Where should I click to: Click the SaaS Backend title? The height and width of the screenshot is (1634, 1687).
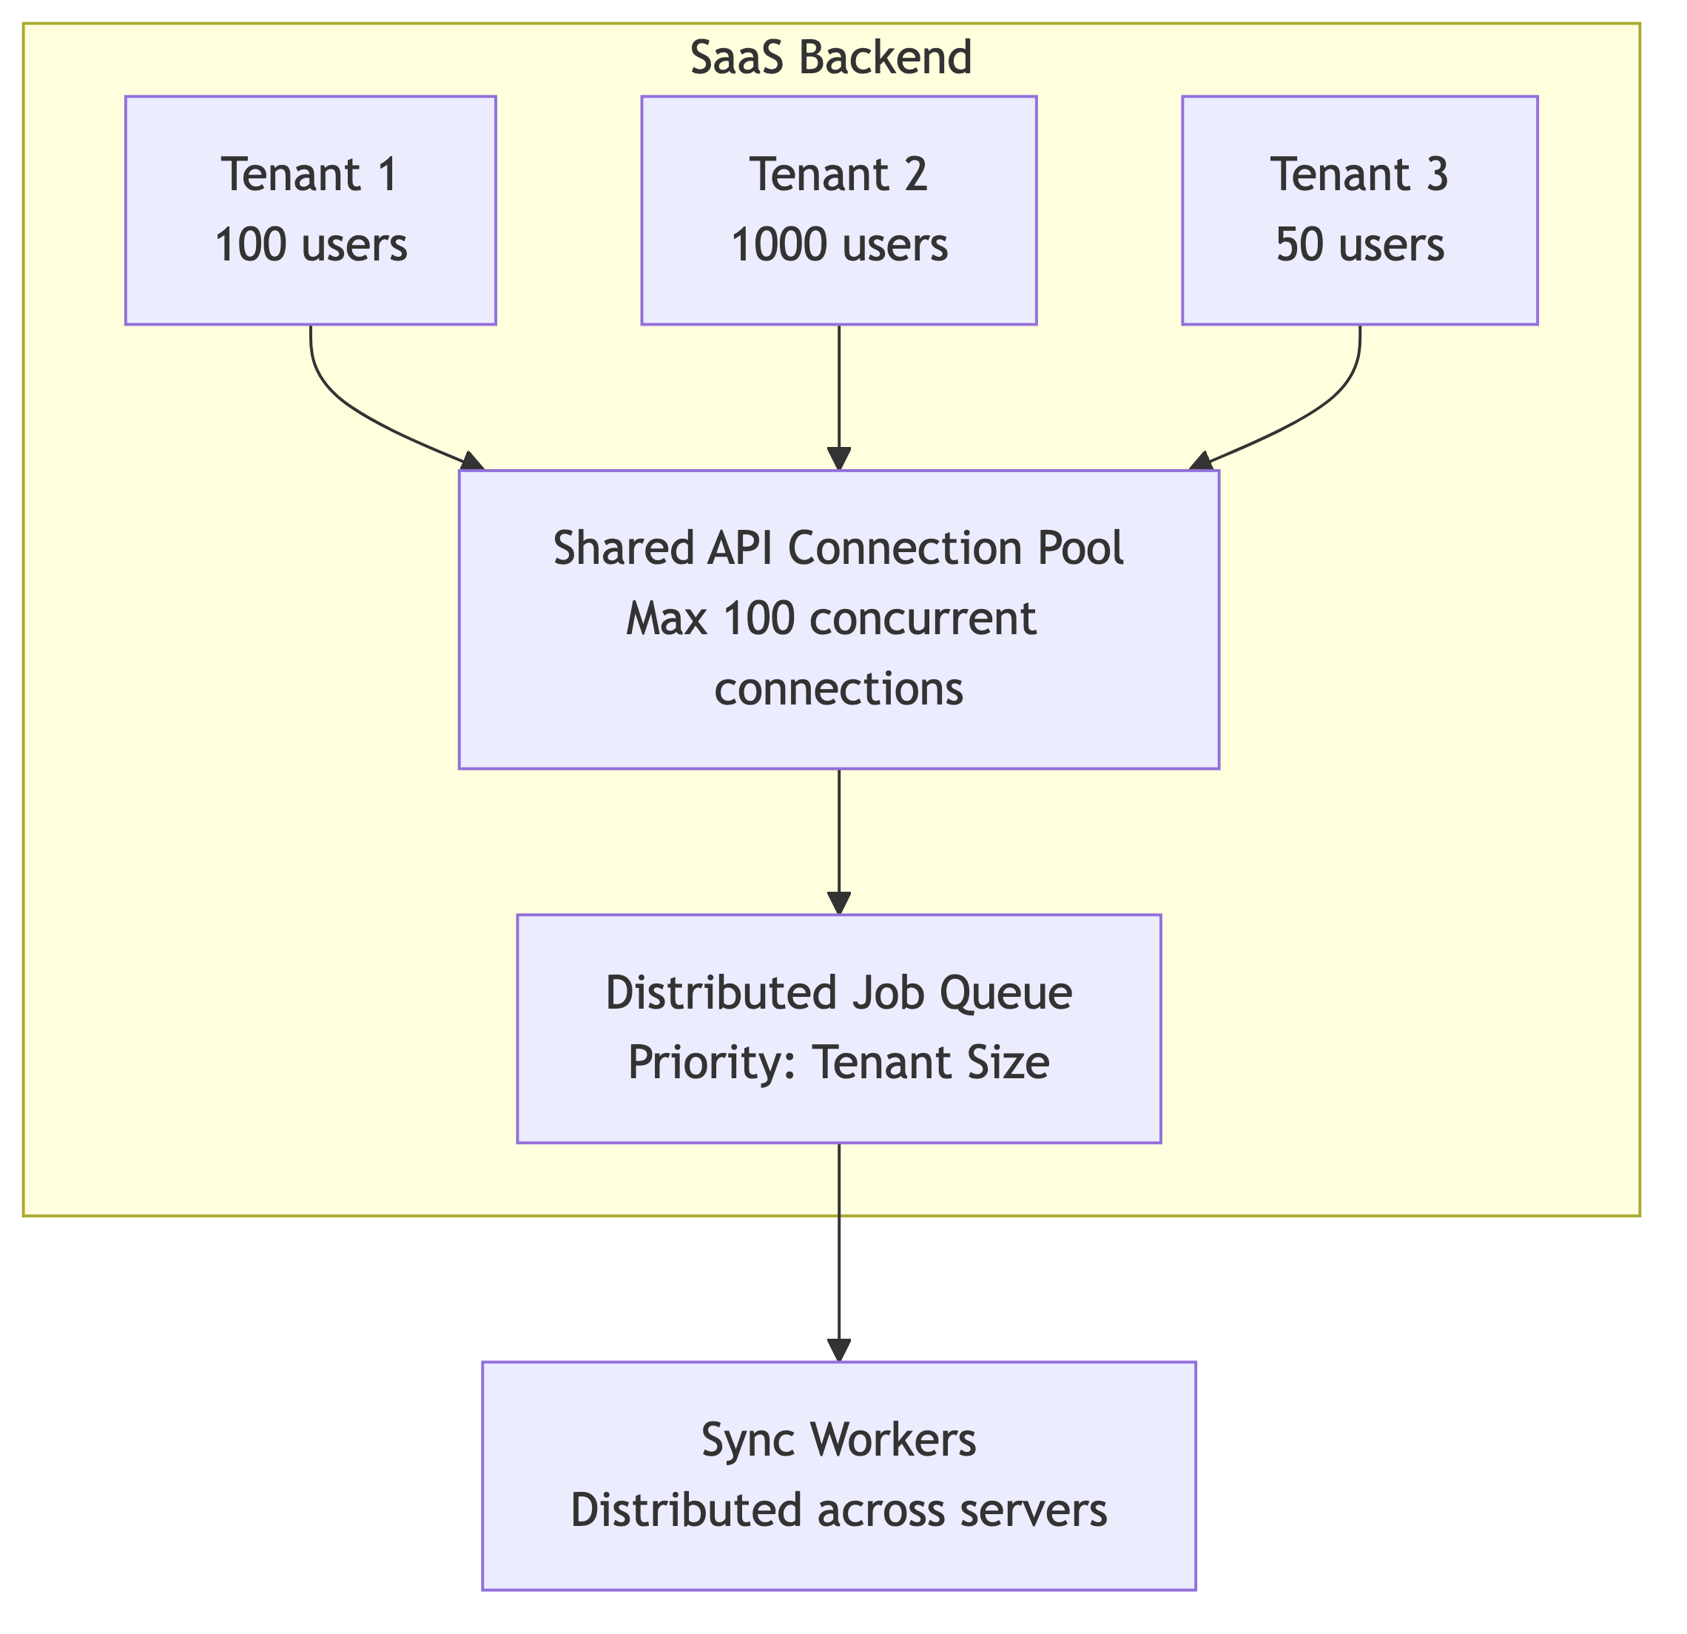pyautogui.click(x=831, y=58)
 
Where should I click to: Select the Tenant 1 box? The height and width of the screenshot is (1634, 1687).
pyautogui.click(x=311, y=210)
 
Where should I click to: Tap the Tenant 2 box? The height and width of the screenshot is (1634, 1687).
pyautogui.click(x=839, y=210)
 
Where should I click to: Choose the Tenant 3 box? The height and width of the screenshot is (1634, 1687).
pyautogui.click(x=1360, y=210)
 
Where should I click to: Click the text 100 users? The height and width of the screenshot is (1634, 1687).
pyautogui.click(x=311, y=246)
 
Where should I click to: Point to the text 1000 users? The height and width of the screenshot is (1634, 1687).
pyautogui.click(x=839, y=246)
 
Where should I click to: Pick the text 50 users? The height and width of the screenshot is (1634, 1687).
pyautogui.click(x=1360, y=246)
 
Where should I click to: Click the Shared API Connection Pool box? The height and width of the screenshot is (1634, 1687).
pyautogui.click(x=839, y=619)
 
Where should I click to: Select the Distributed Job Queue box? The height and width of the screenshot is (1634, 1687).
pyautogui.click(x=839, y=1029)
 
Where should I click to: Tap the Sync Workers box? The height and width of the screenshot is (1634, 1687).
pyautogui.click(x=839, y=1476)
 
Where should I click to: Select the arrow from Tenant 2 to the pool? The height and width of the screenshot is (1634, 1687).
pyautogui.click(x=839, y=397)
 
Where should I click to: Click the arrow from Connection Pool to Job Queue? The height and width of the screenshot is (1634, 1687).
pyautogui.click(x=839, y=842)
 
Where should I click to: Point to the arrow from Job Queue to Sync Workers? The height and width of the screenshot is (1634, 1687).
pyautogui.click(x=839, y=1253)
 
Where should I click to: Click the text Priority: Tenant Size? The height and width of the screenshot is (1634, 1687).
pyautogui.click(x=839, y=1063)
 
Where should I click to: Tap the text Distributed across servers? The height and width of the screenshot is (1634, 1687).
pyautogui.click(x=839, y=1511)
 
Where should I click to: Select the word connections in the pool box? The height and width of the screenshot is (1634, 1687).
pyautogui.click(x=839, y=690)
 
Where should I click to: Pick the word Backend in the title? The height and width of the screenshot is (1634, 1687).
pyautogui.click(x=886, y=58)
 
